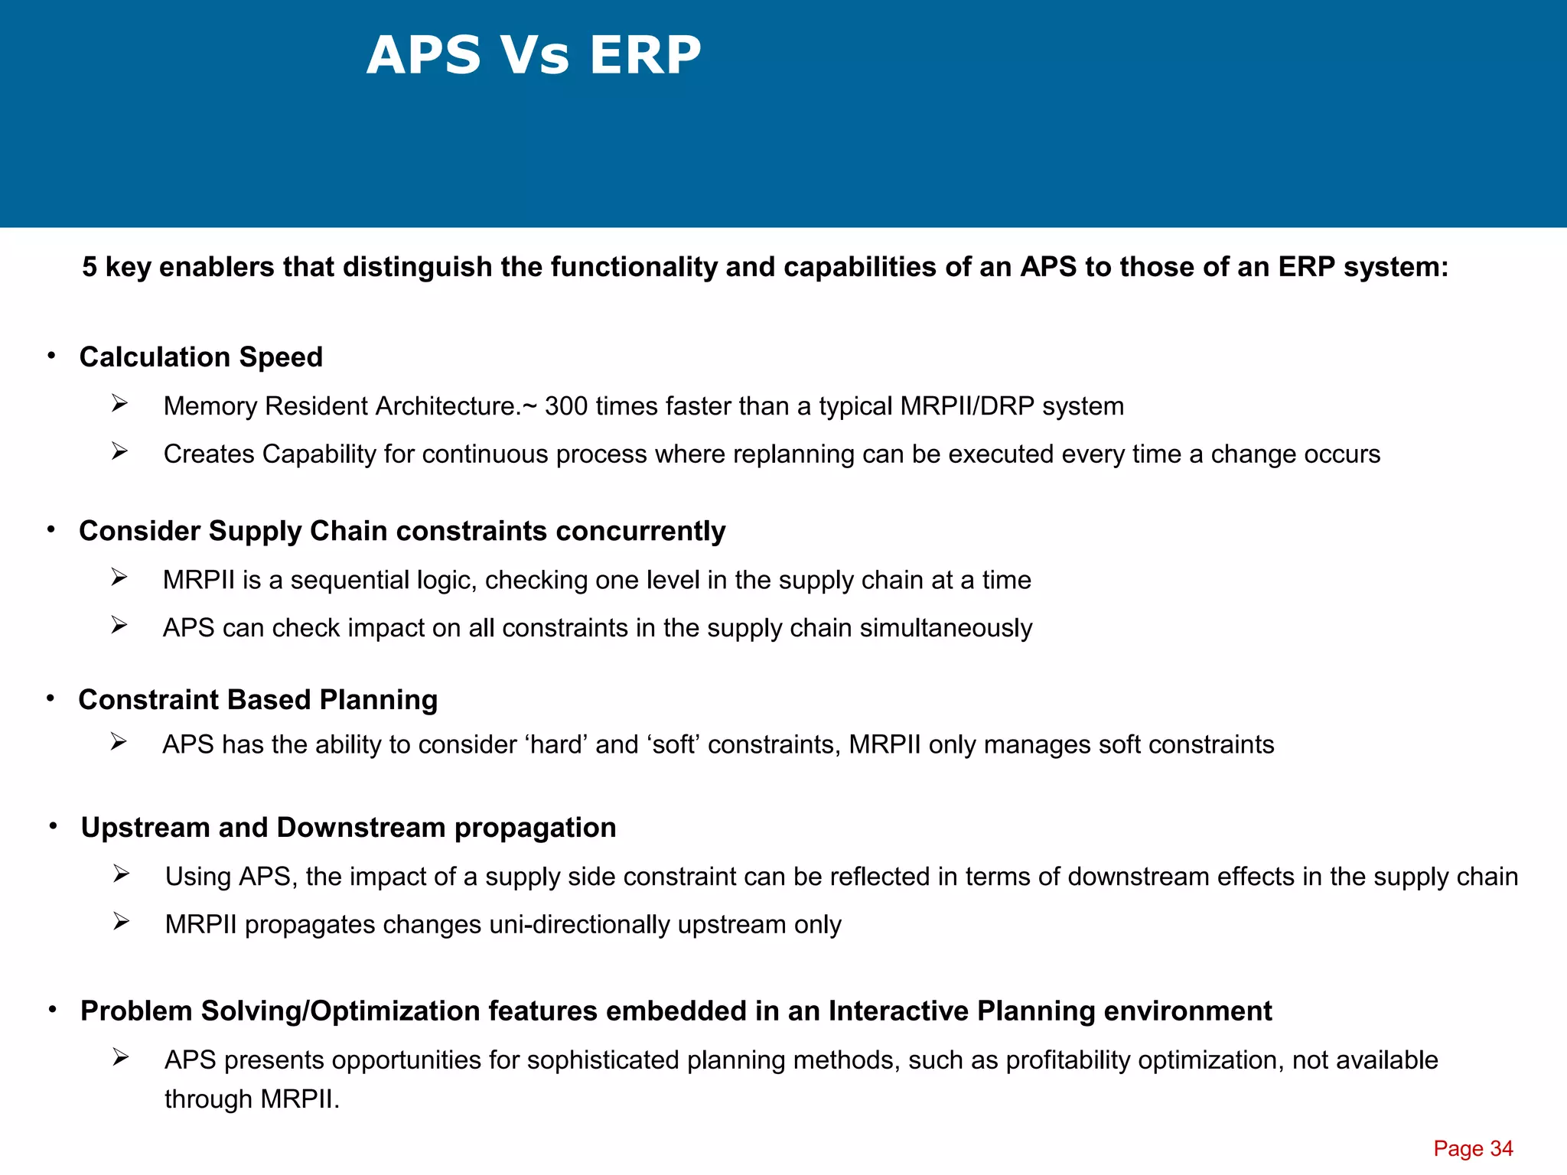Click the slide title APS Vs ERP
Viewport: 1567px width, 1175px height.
(x=533, y=55)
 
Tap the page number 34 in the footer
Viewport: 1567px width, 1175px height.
(x=1501, y=1148)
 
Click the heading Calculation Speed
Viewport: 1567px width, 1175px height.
(x=200, y=357)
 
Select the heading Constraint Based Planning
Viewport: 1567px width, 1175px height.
(x=258, y=700)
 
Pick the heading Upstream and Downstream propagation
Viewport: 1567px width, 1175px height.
(x=348, y=828)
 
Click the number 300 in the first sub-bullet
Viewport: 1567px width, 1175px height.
(x=566, y=406)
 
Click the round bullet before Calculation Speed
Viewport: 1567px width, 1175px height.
(x=51, y=356)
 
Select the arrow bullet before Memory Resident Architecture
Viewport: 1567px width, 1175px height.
(x=119, y=403)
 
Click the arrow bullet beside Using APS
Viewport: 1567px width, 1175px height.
(x=121, y=874)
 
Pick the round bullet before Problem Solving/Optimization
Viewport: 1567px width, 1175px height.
(x=53, y=1010)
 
